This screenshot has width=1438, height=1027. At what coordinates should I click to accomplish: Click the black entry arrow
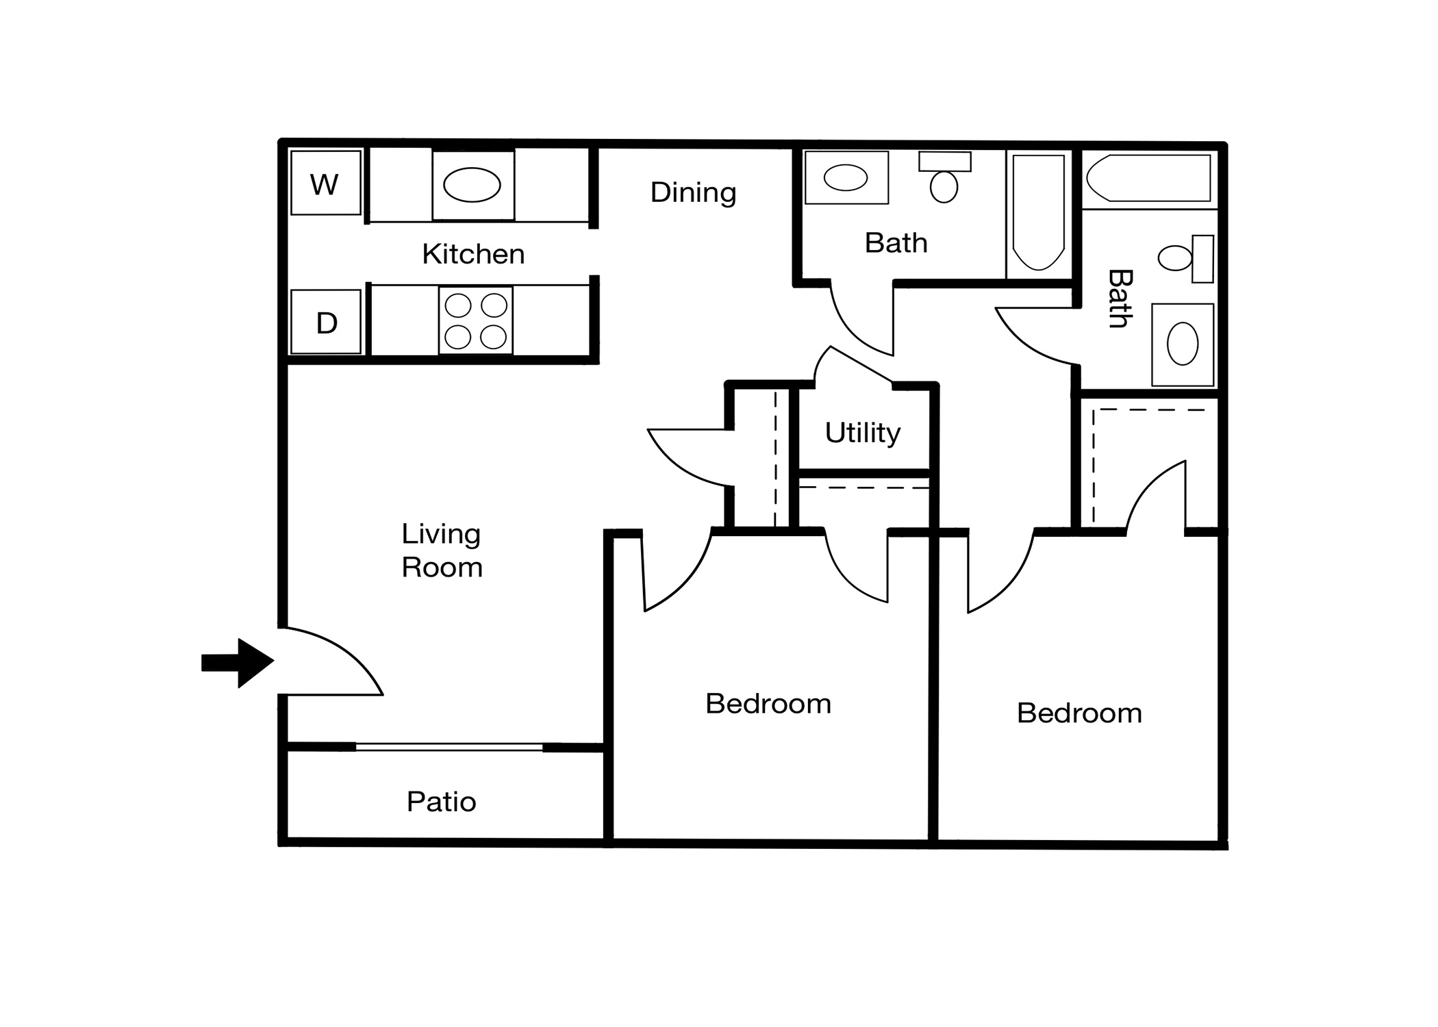click(x=238, y=663)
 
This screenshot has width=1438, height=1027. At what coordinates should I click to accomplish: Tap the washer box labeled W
click(x=326, y=183)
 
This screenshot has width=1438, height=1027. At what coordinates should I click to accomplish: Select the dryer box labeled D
click(x=326, y=322)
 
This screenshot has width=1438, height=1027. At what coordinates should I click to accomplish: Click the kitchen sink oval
click(x=472, y=185)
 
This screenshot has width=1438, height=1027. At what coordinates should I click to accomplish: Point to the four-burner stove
click(x=476, y=320)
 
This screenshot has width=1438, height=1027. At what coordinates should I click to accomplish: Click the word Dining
click(x=693, y=193)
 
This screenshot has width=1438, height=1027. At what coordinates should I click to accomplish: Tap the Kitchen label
click(x=473, y=254)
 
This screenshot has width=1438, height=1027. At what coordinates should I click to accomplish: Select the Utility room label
click(x=862, y=433)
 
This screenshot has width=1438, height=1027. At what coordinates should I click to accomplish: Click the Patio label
click(x=441, y=802)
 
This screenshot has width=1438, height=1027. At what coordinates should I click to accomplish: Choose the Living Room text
click(x=442, y=550)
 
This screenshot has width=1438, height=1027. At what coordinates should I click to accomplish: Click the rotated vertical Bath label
click(x=1120, y=299)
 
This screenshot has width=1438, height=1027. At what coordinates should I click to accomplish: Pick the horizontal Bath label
click(x=896, y=243)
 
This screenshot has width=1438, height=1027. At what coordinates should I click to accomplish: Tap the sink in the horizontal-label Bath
click(x=846, y=177)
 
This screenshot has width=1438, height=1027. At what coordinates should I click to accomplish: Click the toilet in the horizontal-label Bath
click(x=944, y=177)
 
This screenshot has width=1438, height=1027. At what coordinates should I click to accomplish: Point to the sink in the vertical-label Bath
click(x=1183, y=344)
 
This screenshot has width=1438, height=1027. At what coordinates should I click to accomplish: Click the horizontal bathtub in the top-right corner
click(x=1148, y=178)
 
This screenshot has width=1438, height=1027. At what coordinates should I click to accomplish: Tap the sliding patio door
click(x=449, y=747)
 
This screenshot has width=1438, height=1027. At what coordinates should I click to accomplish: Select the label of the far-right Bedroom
click(x=1079, y=713)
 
